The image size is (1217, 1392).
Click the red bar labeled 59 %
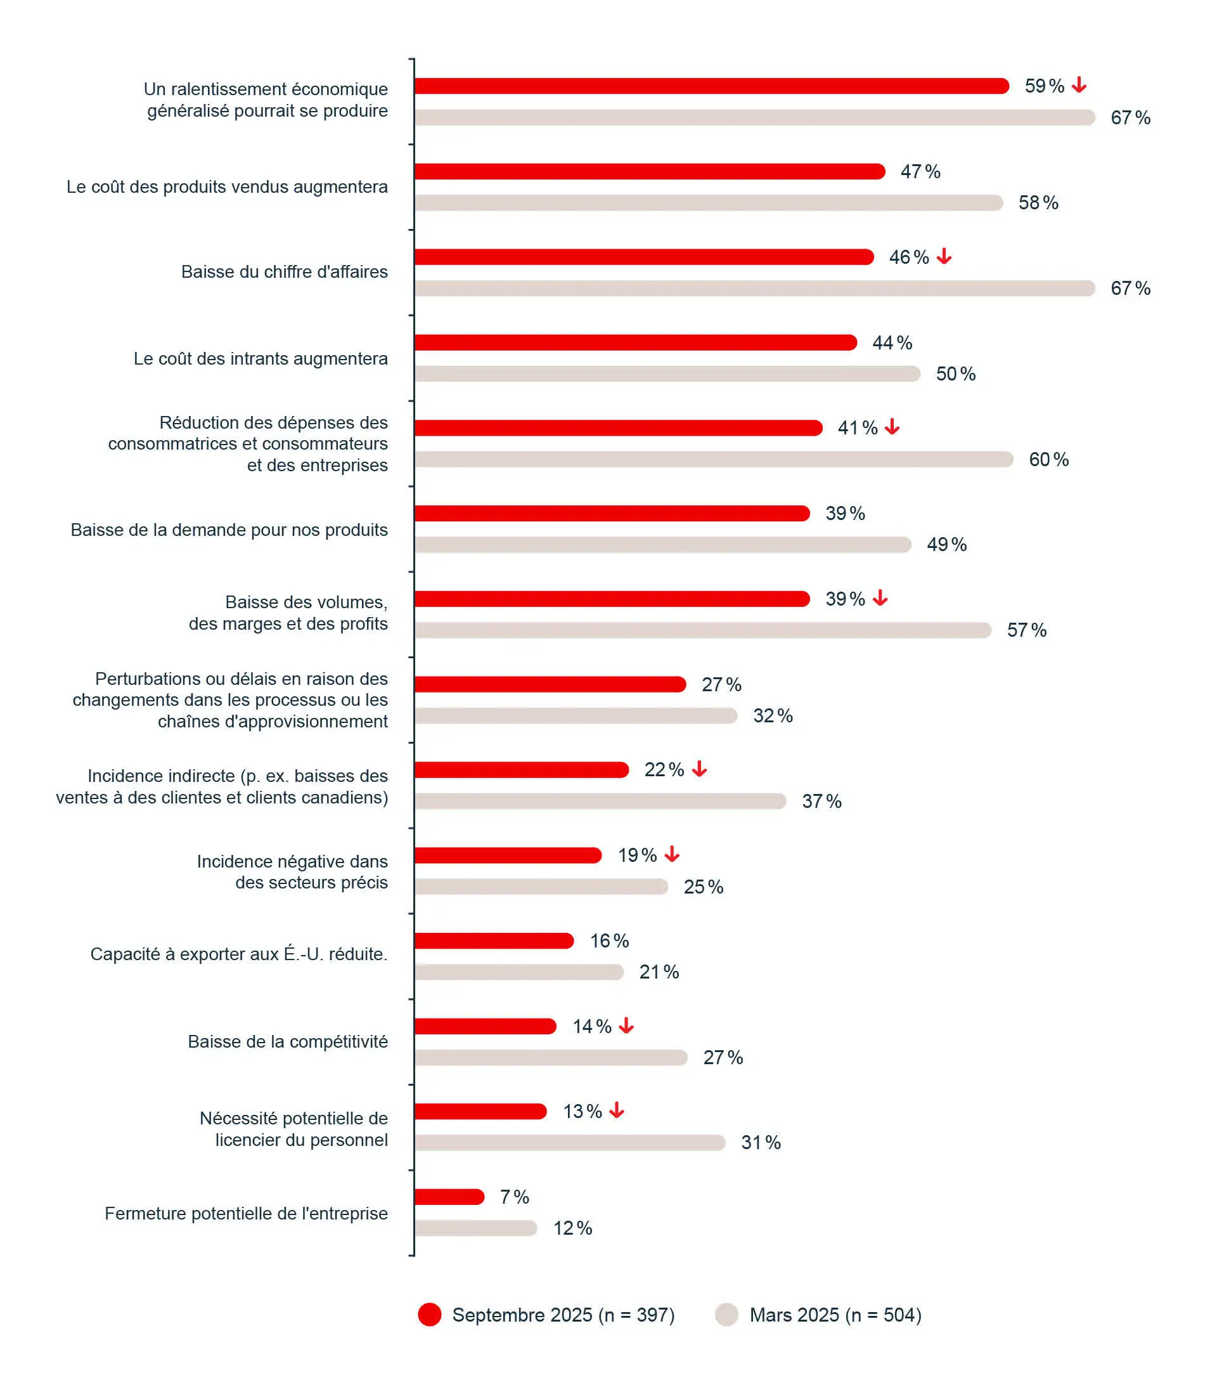click(711, 86)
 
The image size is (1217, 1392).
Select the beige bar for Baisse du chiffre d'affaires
click(754, 288)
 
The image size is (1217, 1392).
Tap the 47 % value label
click(920, 172)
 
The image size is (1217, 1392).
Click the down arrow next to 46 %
click(944, 257)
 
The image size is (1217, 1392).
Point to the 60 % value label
click(1048, 460)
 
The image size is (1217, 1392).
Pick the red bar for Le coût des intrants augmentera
click(635, 342)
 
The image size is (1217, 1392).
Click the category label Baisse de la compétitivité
click(287, 1041)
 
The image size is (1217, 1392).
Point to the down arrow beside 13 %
click(617, 1111)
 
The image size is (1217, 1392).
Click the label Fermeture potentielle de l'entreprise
click(246, 1213)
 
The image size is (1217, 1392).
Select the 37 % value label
click(821, 802)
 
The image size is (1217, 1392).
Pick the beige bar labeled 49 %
click(662, 544)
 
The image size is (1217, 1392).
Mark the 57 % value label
click(1026, 630)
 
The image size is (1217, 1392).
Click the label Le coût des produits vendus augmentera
click(227, 187)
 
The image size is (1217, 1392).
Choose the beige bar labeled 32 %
click(576, 715)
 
